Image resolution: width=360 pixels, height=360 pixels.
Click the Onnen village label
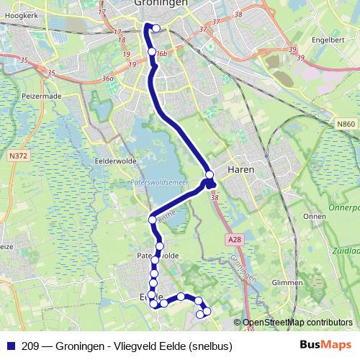(x=315, y=216)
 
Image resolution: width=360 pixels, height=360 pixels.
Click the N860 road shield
(x=346, y=125)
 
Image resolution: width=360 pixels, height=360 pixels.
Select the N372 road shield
(x=18, y=155)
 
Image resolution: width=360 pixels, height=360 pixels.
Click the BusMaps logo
(x=325, y=346)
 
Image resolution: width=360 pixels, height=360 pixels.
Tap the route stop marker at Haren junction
(x=210, y=175)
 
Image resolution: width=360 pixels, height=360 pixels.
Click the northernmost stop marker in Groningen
(x=156, y=29)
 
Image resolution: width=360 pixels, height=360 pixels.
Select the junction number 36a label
(x=109, y=78)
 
